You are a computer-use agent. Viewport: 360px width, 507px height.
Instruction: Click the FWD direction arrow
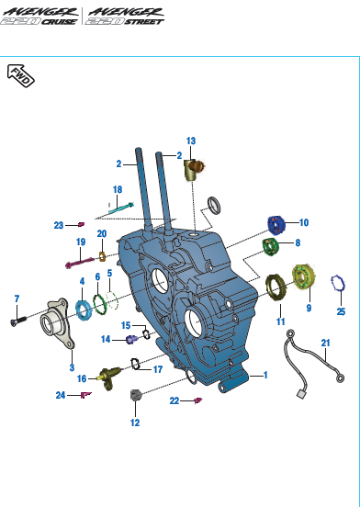[x=21, y=75]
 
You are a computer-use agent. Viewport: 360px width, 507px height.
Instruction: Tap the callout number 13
[x=191, y=141]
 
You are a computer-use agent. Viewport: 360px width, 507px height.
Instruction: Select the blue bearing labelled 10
[x=276, y=224]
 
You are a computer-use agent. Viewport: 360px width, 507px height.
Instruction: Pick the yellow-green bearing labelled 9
[x=303, y=276]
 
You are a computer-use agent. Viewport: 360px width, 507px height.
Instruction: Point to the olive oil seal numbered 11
[x=276, y=287]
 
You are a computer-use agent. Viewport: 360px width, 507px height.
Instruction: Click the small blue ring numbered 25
[x=338, y=284]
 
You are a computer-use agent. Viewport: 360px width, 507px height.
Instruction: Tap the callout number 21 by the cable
[x=325, y=343]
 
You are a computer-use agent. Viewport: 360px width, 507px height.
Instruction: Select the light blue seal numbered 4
[x=84, y=310]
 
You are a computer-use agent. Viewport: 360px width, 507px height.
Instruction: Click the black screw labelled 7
[x=18, y=321]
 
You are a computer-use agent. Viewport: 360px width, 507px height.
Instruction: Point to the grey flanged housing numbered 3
[x=58, y=323]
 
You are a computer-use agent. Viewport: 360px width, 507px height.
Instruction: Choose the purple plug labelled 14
[x=131, y=340]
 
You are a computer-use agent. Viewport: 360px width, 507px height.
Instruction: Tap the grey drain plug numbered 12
[x=135, y=395]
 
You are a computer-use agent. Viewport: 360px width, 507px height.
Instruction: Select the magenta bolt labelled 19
[x=80, y=263]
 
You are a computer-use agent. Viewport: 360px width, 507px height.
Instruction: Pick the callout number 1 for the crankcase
[x=265, y=375]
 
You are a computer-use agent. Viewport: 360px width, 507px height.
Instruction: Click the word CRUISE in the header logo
[x=59, y=22]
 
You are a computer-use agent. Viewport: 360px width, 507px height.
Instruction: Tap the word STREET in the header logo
[x=144, y=22]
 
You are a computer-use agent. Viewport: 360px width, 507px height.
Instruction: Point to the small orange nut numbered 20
[x=102, y=257]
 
